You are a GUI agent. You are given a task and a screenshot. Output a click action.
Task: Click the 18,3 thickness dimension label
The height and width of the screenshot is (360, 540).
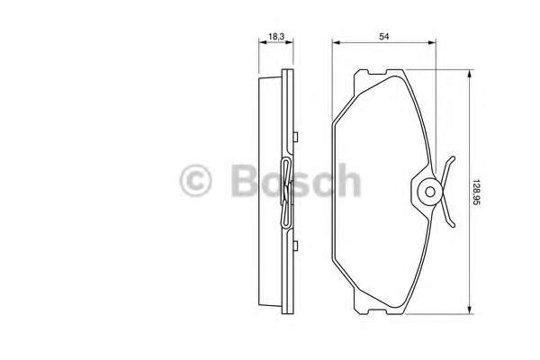click(x=276, y=36)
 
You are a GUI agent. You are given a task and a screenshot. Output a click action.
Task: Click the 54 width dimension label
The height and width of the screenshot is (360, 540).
click(x=384, y=36)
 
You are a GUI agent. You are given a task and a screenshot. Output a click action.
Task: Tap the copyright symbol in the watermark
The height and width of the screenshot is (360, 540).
click(x=195, y=181)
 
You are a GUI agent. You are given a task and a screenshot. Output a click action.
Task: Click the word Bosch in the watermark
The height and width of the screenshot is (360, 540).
click(x=296, y=180)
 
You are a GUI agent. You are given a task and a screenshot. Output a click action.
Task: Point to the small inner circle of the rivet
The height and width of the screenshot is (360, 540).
click(x=430, y=192)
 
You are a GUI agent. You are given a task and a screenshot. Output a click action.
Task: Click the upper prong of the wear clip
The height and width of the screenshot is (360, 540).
click(x=447, y=168)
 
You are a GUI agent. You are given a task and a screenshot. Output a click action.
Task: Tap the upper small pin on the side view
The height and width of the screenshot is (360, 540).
click(x=295, y=137)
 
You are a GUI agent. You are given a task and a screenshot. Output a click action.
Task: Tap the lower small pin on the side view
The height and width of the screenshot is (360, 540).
click(x=295, y=246)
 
